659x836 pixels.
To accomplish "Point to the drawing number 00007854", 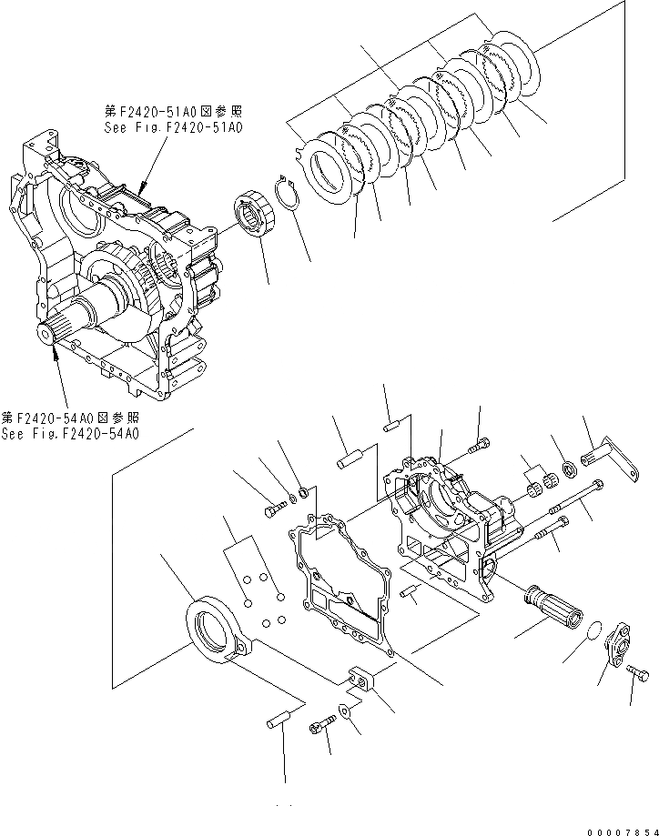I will (622, 828).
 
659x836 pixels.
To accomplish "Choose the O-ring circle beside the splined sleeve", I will (590, 630).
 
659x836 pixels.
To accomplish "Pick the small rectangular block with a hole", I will (363, 680).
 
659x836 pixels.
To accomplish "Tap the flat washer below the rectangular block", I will (347, 711).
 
